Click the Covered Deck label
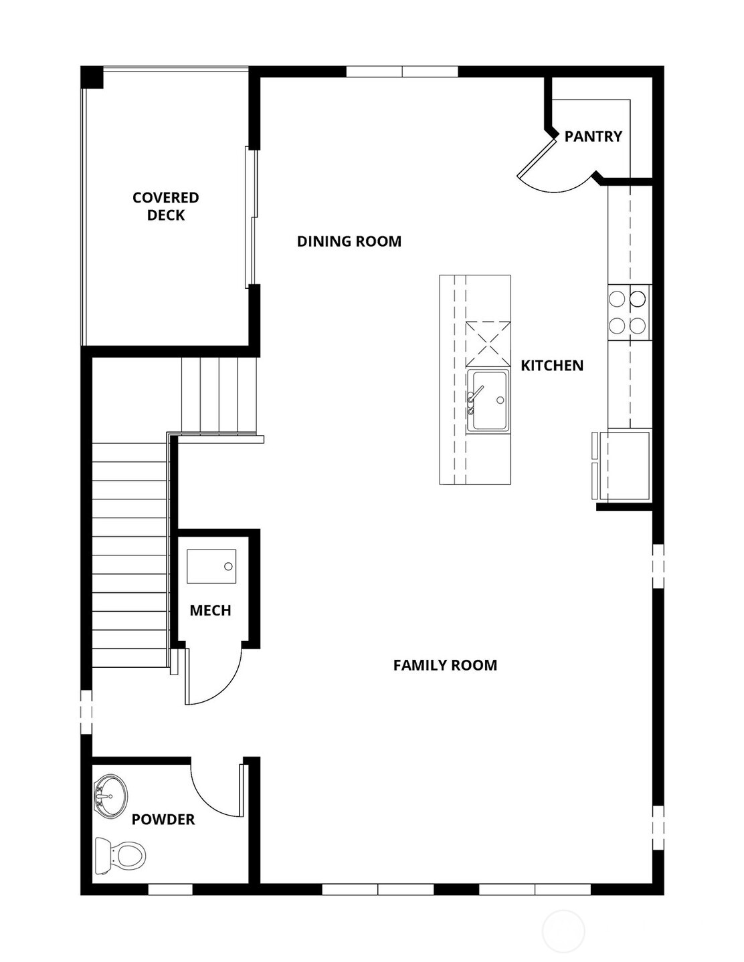tap(165, 206)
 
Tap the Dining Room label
tap(349, 241)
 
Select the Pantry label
tap(593, 136)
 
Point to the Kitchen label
tap(552, 366)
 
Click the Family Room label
tap(445, 665)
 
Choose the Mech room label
tap(210, 610)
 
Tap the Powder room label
tap(163, 820)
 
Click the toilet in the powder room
tap(120, 856)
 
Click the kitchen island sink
tap(487, 400)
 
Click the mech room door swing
tap(214, 675)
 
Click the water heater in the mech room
tap(211, 566)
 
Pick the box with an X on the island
tap(488, 344)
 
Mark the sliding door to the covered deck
tap(251, 217)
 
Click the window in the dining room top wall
tap(401, 72)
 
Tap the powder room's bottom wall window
tap(170, 890)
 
